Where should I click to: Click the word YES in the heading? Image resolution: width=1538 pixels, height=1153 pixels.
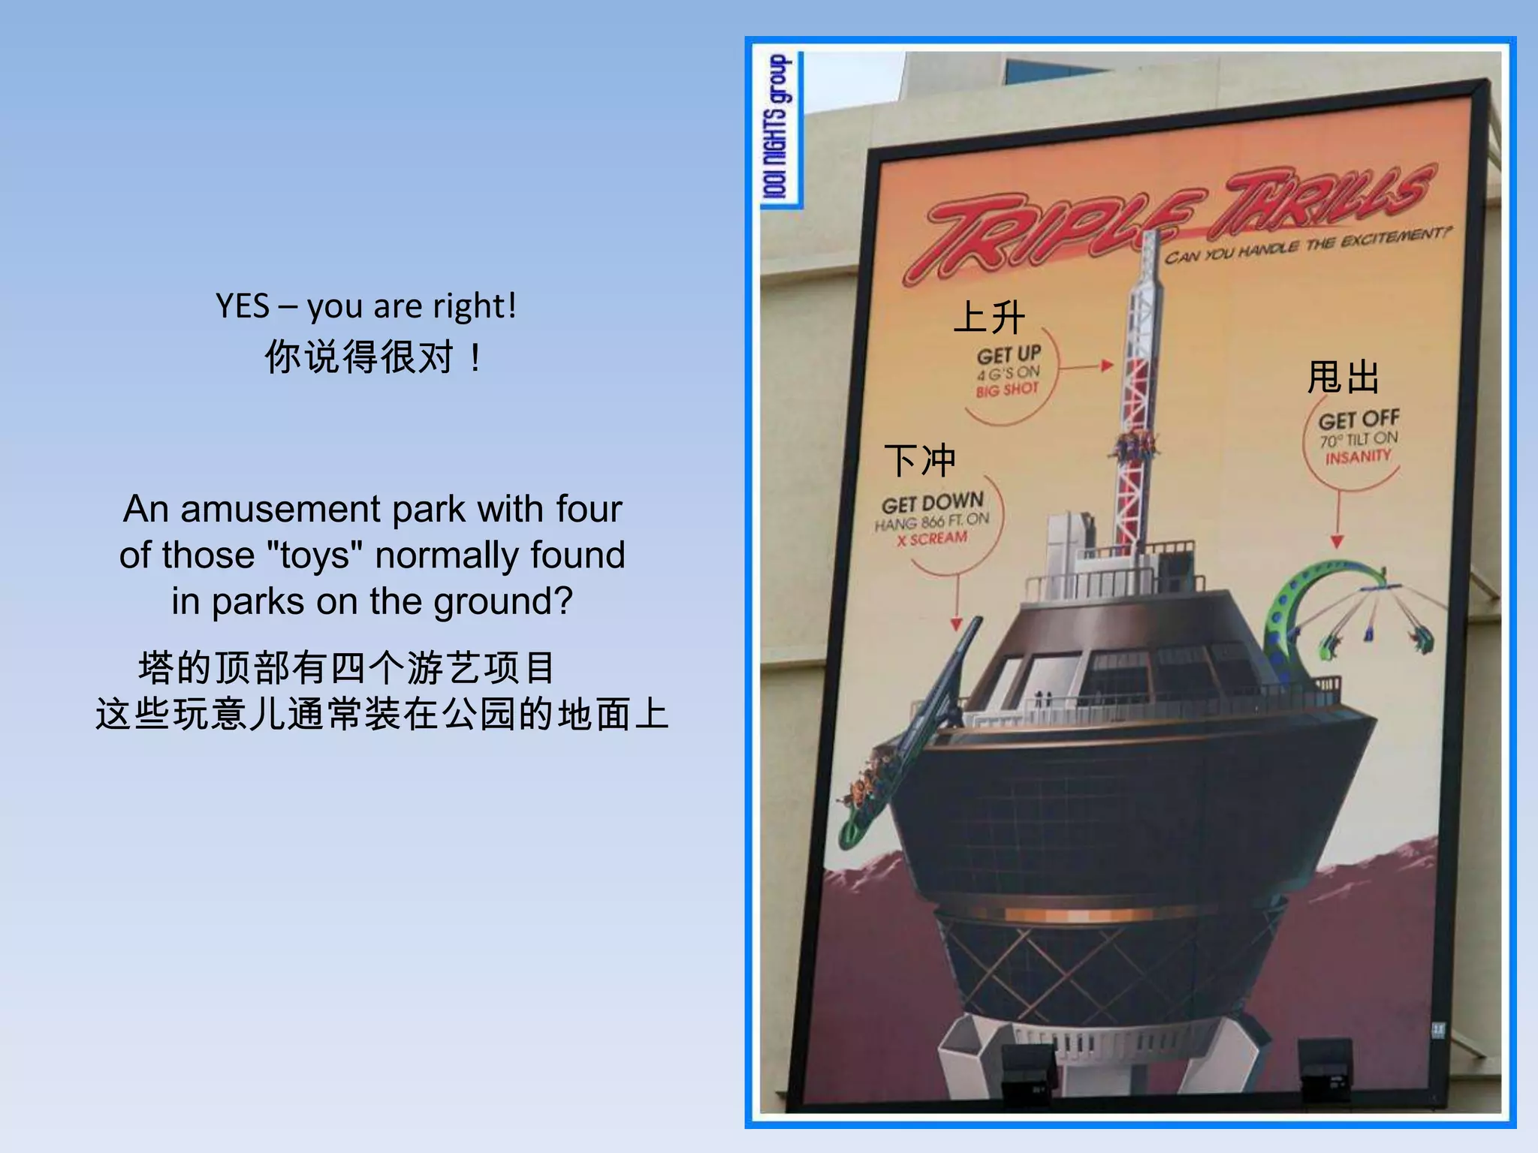click(x=242, y=306)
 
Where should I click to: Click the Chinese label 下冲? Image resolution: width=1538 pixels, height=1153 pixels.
click(x=920, y=459)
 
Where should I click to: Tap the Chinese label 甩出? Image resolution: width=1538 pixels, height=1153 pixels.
click(x=1343, y=377)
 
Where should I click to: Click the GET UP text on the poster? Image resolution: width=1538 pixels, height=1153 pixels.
click(x=1009, y=354)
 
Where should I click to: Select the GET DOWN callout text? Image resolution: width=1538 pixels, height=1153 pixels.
click(x=932, y=502)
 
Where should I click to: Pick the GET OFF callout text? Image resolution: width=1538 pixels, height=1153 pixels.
click(x=1359, y=419)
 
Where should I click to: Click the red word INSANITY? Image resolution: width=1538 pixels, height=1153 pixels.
click(x=1358, y=456)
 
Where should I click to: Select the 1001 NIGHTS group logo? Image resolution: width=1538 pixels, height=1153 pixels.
click(x=779, y=128)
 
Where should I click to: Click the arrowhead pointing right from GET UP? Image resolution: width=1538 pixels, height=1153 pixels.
click(x=1106, y=366)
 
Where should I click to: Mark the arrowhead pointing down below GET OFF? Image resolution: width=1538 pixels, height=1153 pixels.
click(x=1337, y=542)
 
